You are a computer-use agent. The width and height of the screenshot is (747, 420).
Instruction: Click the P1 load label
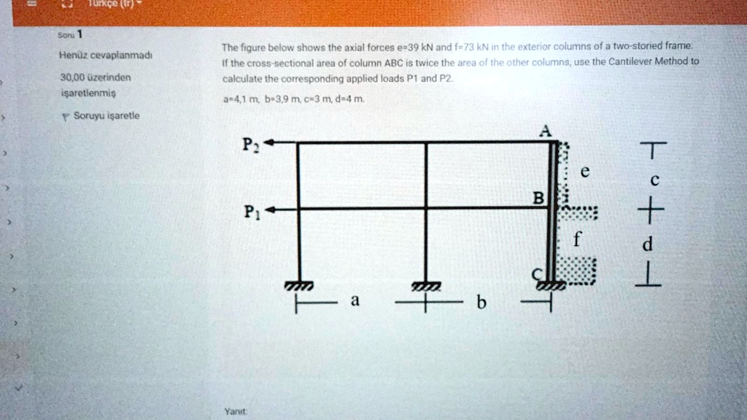(x=250, y=213)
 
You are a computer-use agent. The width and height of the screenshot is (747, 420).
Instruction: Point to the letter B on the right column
(x=538, y=198)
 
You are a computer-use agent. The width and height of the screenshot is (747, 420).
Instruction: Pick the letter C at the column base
(x=536, y=272)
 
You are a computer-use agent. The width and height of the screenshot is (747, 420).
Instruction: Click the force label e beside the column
(x=583, y=172)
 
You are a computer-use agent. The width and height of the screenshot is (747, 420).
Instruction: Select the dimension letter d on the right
(x=646, y=244)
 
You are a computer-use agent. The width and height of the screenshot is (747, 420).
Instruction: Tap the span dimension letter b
(x=480, y=302)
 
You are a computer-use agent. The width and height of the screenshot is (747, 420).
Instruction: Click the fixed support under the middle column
(x=426, y=287)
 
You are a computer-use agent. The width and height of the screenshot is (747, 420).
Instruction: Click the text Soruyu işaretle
(x=107, y=115)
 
